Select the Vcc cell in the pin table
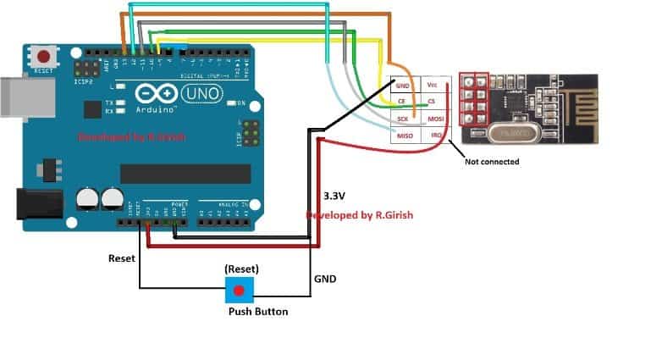coord(433,86)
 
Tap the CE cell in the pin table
coord(405,102)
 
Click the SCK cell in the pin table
coord(404,119)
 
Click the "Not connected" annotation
coord(492,161)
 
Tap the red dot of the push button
coord(240,291)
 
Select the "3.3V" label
coord(336,196)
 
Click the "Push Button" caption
coord(257,312)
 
